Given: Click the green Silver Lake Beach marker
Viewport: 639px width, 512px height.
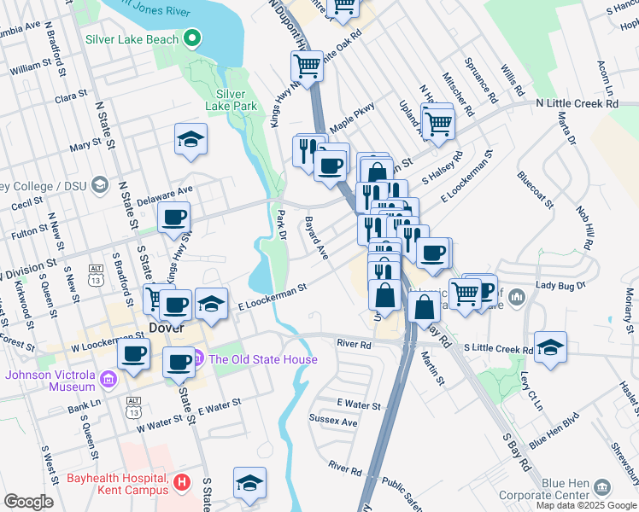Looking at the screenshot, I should coord(193,39).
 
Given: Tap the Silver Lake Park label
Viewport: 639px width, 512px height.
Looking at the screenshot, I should coord(231,100).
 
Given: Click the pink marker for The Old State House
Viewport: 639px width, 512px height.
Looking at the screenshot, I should coord(198,359).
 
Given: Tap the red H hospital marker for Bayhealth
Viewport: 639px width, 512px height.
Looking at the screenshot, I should coord(180,483).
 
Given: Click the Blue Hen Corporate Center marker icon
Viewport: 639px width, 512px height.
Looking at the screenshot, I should coord(603,487).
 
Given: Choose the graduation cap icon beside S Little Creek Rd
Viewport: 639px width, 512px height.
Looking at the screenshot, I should coord(550,348).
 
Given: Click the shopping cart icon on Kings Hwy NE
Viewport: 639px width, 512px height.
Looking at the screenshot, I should coord(307,65).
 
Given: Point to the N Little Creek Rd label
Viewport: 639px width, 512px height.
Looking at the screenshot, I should coord(577,103).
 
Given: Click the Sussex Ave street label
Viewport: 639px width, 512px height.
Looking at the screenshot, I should coord(337,422).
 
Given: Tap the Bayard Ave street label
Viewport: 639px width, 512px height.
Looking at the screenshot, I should coord(316,238).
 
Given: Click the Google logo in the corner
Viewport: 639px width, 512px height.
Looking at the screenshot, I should coord(28,502).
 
